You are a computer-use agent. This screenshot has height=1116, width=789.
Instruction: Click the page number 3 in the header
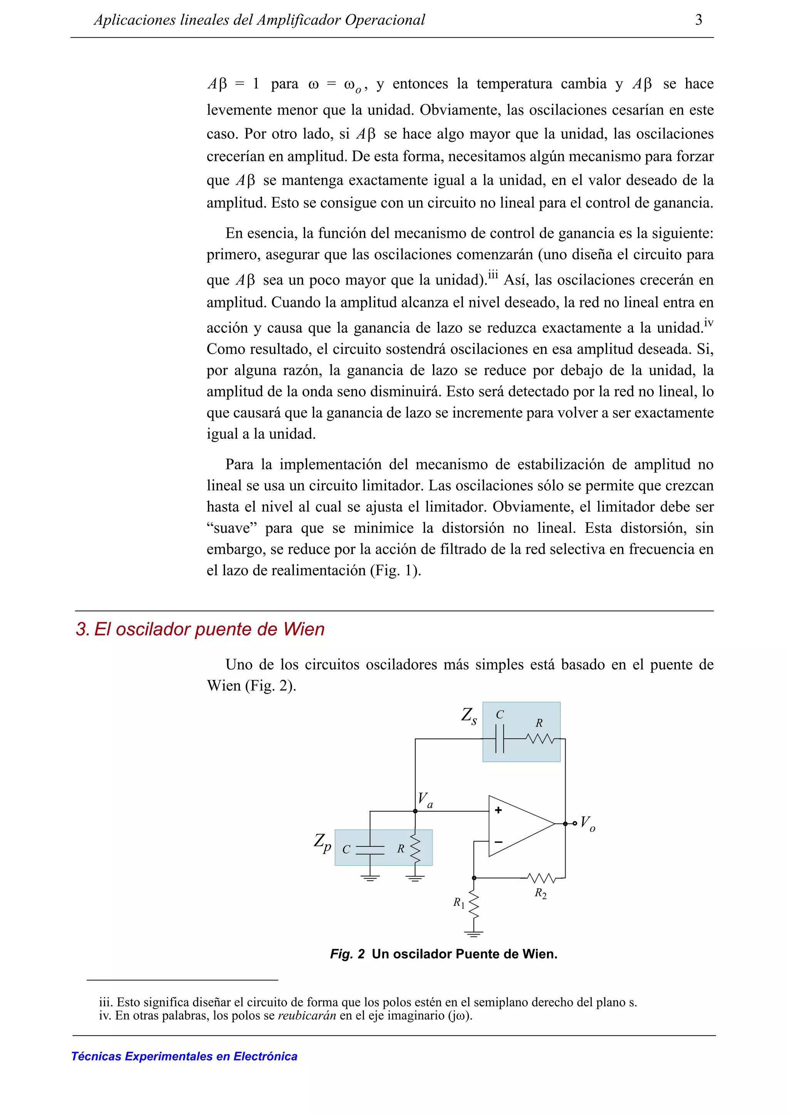coord(698,20)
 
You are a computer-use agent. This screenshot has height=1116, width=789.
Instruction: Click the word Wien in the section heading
coord(304,629)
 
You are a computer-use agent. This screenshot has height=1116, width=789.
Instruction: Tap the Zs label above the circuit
coord(468,716)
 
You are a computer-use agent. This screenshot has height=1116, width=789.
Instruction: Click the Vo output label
coord(588,823)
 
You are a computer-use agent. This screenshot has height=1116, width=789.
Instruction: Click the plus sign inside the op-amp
coord(498,810)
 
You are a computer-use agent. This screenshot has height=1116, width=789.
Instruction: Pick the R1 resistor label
coord(459,903)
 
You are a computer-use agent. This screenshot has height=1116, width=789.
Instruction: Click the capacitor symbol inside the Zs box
coord(500,739)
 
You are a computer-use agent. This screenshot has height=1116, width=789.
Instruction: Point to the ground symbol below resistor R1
coord(473,933)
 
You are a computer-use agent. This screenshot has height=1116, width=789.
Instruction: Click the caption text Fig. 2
coord(347,954)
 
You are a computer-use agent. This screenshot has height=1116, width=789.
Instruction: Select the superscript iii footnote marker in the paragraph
coord(493,275)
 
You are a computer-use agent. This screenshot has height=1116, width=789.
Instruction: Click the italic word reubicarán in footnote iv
coord(307,1015)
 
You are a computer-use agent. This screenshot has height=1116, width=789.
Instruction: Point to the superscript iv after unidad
coord(708,323)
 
